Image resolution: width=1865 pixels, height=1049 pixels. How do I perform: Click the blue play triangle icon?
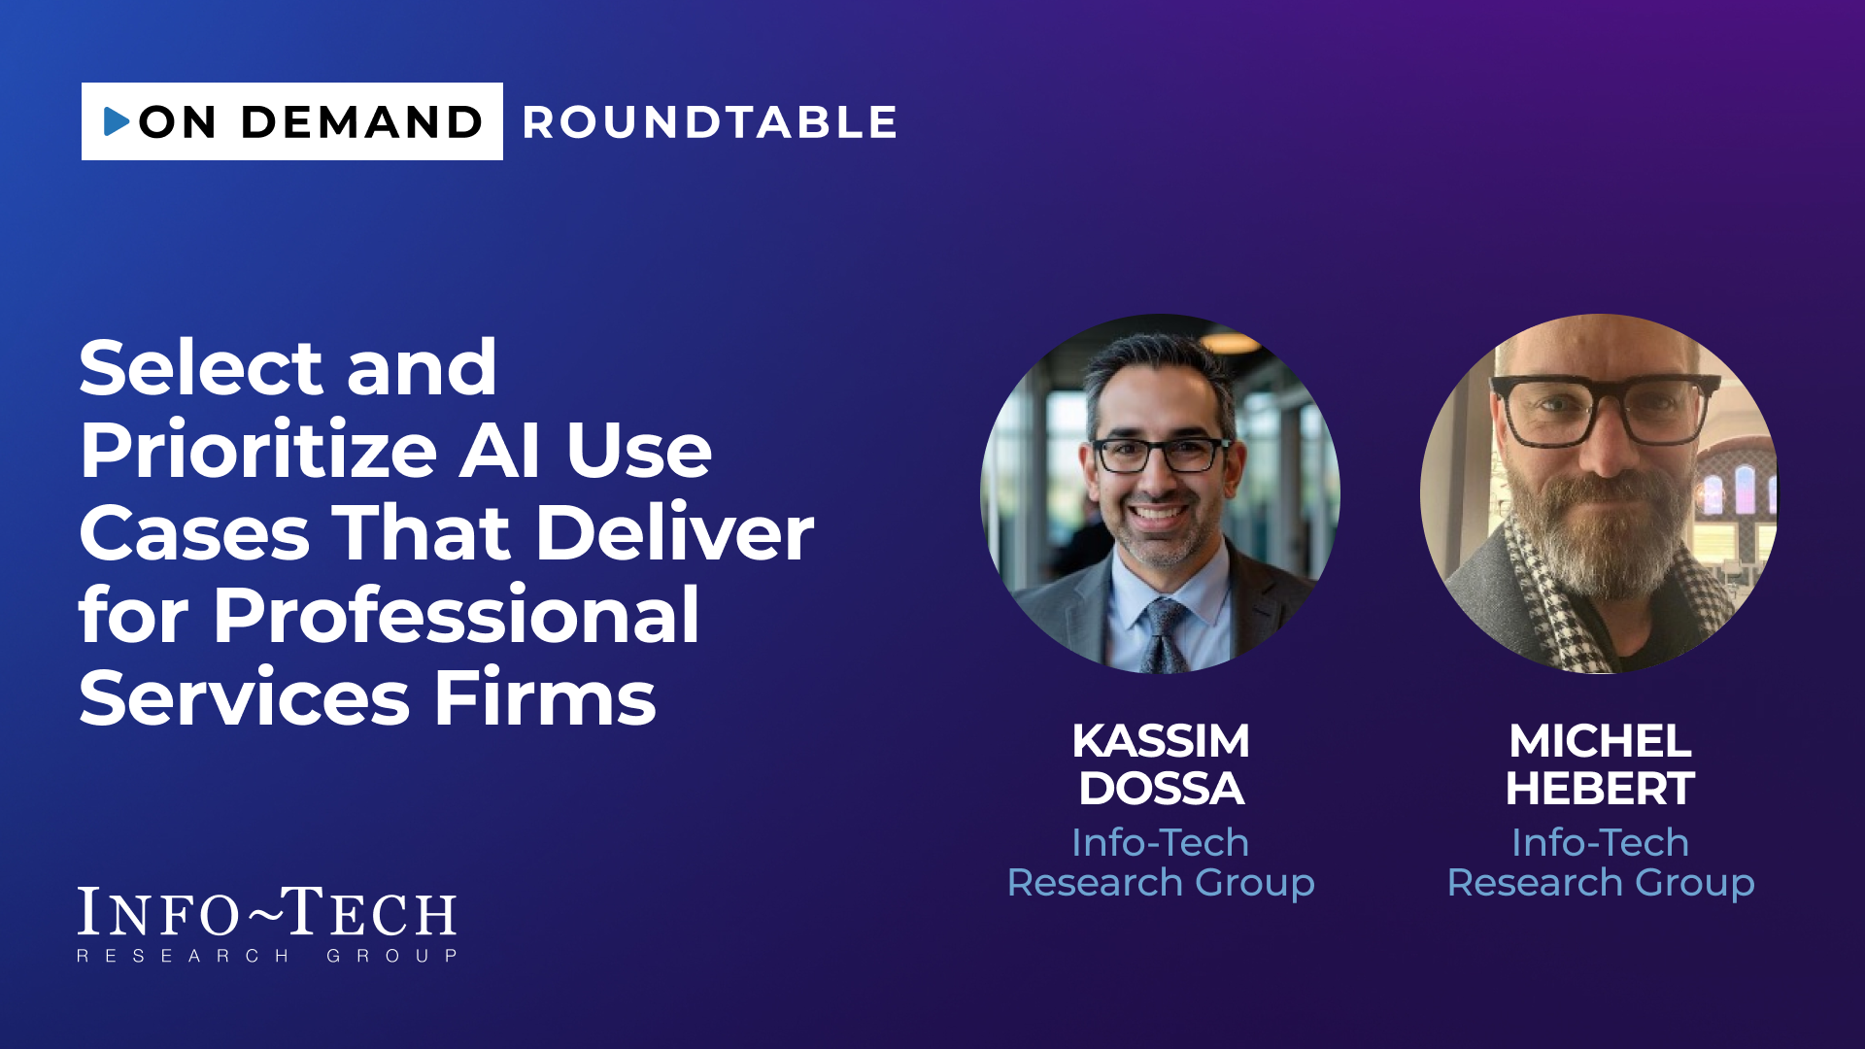pos(117,121)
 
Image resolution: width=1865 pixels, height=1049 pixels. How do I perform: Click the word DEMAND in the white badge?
pos(361,122)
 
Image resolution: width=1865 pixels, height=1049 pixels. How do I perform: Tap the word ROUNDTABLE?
pos(710,122)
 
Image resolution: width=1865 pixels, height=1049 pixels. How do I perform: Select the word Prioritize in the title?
pos(258,452)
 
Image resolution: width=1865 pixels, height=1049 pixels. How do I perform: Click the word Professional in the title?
pos(457,616)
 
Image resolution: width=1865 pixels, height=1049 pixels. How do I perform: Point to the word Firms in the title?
pos(545,697)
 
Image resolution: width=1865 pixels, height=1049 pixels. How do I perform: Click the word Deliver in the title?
pos(675,533)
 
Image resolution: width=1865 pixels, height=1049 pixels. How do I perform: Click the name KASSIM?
pos(1161,741)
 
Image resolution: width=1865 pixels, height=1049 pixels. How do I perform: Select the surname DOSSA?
pos(1161,789)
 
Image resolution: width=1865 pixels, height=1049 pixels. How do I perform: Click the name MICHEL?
pos(1600,741)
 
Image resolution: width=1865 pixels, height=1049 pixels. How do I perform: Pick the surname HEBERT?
pos(1600,789)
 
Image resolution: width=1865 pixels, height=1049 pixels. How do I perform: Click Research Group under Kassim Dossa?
pos(1161,883)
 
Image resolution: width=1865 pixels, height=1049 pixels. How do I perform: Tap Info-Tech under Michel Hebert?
pos(1600,842)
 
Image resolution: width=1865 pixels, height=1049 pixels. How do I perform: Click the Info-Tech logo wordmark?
pos(267,924)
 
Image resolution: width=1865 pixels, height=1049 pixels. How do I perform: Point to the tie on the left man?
pos(1163,635)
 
